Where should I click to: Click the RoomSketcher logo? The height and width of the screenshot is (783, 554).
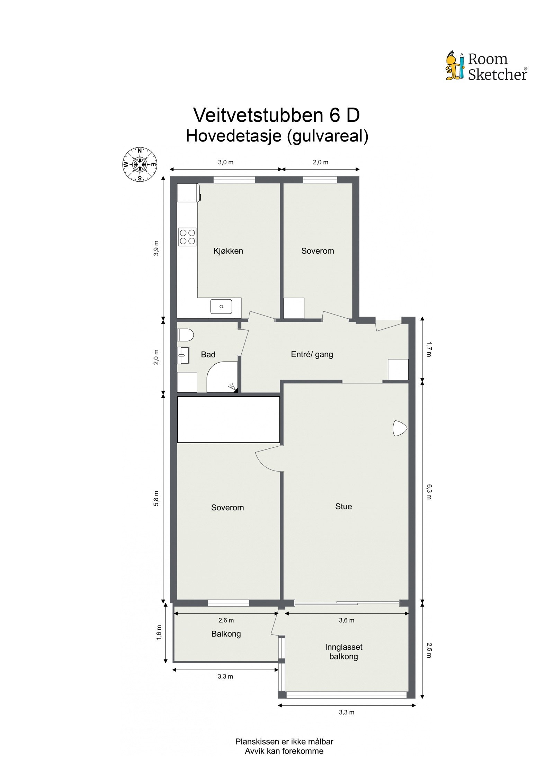(486, 66)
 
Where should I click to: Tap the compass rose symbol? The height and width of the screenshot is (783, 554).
(140, 164)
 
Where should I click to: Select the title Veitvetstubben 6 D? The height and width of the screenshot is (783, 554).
(276, 115)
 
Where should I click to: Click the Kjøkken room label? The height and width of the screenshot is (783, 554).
(228, 251)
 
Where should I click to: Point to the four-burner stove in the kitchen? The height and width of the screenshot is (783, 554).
(187, 237)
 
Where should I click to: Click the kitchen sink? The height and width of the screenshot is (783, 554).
(221, 307)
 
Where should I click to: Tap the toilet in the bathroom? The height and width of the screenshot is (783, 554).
(185, 335)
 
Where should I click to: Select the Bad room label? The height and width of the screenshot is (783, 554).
(208, 354)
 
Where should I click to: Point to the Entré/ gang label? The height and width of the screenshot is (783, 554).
(312, 354)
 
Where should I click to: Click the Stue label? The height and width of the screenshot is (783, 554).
(343, 507)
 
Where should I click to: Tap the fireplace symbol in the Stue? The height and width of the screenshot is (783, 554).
(400, 428)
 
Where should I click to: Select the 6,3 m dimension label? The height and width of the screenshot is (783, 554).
(429, 492)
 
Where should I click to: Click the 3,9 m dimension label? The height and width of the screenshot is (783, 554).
(157, 248)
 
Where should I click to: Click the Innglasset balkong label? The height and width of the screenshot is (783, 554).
(343, 652)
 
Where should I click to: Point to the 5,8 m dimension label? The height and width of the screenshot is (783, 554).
(157, 498)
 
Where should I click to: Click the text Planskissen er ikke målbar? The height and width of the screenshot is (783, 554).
(284, 741)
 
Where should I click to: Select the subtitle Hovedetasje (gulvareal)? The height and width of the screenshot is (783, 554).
(277, 136)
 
